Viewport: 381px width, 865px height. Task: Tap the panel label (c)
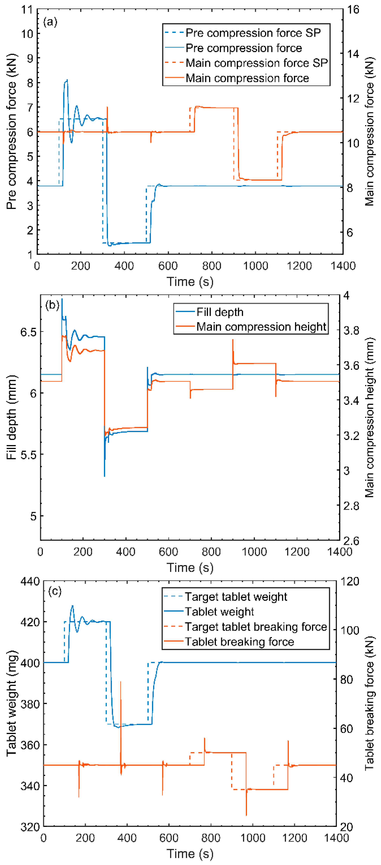tap(55, 591)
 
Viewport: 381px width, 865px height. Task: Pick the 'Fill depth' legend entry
tap(220, 312)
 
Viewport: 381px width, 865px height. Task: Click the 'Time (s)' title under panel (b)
tap(190, 567)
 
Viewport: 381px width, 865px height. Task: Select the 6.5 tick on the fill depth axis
tap(28, 332)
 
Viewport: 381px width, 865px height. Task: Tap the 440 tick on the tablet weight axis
tap(30, 581)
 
